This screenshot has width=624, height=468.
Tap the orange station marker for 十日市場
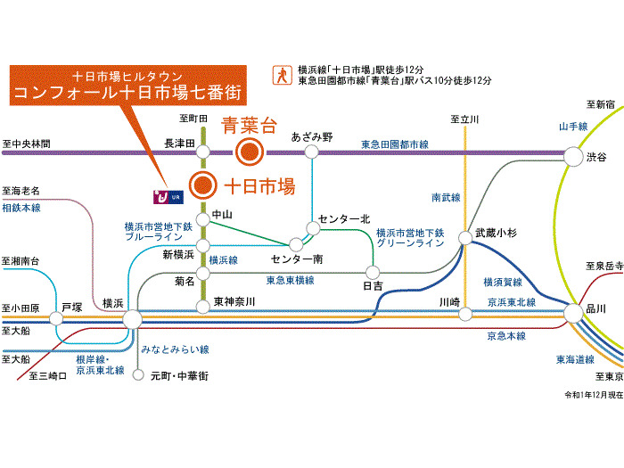pos(204,185)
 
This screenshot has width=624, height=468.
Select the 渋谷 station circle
pos(571,158)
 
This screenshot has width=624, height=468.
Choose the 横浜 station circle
pos(132,318)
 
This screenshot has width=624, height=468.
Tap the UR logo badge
pos(167,192)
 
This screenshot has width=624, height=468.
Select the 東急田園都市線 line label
pos(395,144)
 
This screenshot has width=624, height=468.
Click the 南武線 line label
pos(446,197)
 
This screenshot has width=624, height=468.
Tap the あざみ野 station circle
pos(311,152)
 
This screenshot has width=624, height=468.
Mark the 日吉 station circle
pos(373,271)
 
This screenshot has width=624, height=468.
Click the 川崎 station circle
pos(464,313)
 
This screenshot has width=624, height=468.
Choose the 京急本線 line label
pos(506,336)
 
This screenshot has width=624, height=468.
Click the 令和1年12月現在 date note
pos(590,394)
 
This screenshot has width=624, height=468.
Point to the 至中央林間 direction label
pos(27,143)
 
